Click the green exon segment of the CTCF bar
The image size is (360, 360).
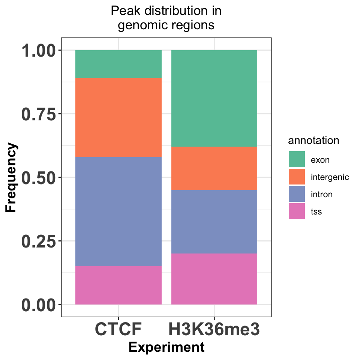118,64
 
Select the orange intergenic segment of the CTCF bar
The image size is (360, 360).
118,117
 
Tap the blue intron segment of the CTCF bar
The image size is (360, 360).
118,211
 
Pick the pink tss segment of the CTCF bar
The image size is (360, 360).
118,285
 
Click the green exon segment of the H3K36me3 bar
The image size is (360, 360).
214,98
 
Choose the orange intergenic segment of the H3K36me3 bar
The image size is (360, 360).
214,168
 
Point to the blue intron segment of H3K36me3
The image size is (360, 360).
214,222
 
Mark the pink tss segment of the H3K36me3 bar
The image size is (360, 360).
214,279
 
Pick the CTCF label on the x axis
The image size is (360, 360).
118,329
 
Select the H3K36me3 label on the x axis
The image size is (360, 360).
214,329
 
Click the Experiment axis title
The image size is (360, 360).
166,347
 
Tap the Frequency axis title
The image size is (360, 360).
11,177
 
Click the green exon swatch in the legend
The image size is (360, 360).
297,159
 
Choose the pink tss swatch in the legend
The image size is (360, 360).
297,211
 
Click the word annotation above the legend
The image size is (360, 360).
313,141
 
